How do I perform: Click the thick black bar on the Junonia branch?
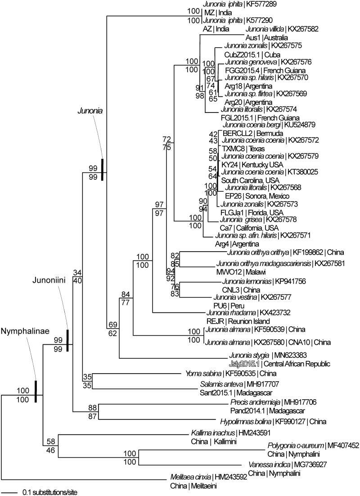[x=103, y=170]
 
